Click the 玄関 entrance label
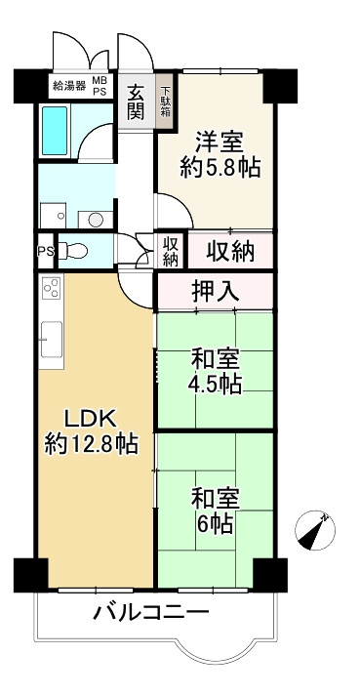[136, 102]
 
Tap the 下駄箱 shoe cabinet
[166, 102]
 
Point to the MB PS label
[100, 85]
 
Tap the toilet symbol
[74, 252]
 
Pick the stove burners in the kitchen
[51, 290]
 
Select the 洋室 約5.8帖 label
[220, 153]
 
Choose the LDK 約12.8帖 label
[90, 431]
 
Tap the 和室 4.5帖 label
[216, 371]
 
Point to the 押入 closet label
[215, 289]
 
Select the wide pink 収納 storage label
[230, 251]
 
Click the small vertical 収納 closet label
[171, 251]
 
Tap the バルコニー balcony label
[151, 613]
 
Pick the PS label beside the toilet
[44, 250]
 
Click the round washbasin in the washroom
[96, 218]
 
